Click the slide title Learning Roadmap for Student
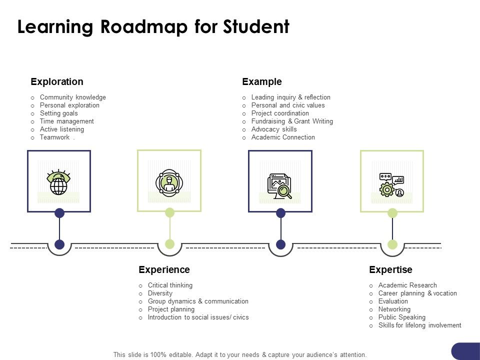click(x=153, y=27)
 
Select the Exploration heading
click(x=57, y=81)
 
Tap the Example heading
click(x=262, y=81)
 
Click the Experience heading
click(x=164, y=269)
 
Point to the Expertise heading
click(x=390, y=269)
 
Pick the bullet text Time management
click(x=66, y=121)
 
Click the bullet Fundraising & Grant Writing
click(x=292, y=121)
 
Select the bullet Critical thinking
click(x=170, y=285)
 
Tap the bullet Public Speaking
click(x=401, y=317)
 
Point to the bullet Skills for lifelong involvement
click(x=419, y=325)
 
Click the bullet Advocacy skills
click(x=274, y=129)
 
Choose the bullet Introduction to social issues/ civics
click(x=198, y=317)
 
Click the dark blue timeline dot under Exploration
click(x=59, y=244)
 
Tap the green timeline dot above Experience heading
click(x=169, y=244)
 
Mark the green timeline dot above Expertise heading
click(x=392, y=244)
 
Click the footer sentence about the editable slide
click(x=240, y=354)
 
